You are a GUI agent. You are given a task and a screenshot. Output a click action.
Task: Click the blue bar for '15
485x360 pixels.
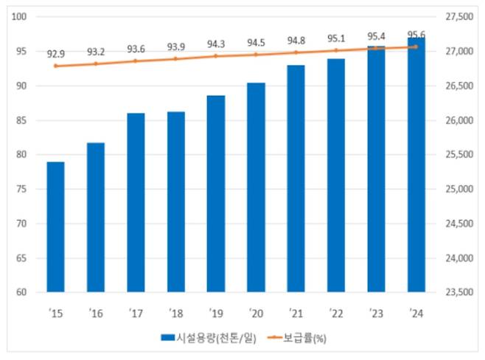tap(56, 226)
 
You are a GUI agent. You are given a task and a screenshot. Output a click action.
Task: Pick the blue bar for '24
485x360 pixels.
tap(416, 165)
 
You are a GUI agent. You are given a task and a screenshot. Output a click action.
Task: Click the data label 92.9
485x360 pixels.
tap(56, 54)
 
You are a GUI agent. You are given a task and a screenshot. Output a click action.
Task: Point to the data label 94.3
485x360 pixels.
tap(216, 44)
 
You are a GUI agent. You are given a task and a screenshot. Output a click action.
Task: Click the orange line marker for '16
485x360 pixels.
tap(96, 64)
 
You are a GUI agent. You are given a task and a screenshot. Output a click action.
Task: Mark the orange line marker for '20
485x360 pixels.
tap(256, 55)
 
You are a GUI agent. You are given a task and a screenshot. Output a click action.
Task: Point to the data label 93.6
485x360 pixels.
tap(136, 49)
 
